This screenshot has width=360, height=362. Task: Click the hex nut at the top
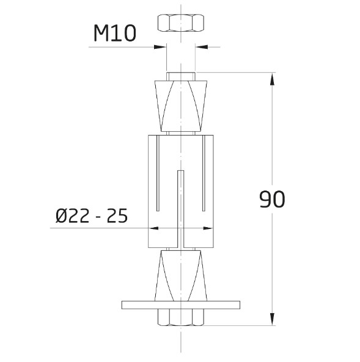181,23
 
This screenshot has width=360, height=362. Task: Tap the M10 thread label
114,33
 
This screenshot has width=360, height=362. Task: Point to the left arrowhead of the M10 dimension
161,46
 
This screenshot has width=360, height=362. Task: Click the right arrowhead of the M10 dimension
201,46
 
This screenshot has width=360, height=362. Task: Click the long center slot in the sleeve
181,208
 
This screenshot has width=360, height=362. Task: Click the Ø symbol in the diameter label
61,216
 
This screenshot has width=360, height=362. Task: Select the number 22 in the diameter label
80,216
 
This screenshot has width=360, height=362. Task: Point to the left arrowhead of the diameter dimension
153,229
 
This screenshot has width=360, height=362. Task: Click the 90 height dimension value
272,200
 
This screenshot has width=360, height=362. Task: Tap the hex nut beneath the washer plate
181,317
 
